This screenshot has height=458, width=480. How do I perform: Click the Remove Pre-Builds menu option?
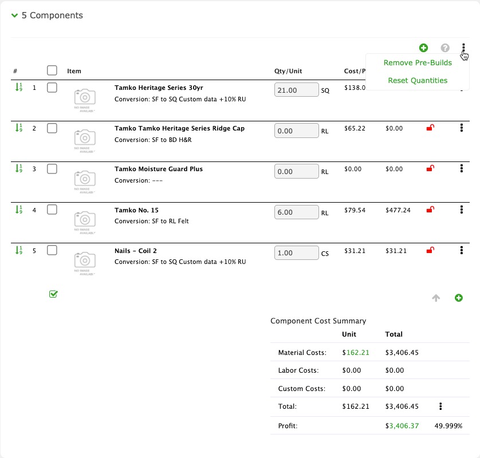(418, 63)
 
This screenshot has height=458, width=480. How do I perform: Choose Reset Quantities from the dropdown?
(418, 81)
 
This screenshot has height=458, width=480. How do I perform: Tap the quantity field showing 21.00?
(297, 90)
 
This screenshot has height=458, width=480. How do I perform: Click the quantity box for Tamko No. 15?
(297, 212)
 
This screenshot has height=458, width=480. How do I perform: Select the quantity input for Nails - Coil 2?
(297, 253)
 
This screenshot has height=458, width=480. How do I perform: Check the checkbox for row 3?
(52, 169)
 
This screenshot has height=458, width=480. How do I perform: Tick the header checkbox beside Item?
(52, 70)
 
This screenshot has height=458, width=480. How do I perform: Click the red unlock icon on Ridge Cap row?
(430, 128)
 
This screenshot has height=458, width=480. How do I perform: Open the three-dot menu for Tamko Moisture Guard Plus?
(462, 169)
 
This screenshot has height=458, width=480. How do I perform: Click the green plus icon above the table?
(423, 48)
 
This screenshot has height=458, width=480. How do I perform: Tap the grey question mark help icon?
(445, 48)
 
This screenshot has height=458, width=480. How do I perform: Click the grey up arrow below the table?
(436, 298)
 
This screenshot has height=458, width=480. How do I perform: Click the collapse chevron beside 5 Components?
(14, 16)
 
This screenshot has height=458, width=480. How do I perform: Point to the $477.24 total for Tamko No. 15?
(398, 210)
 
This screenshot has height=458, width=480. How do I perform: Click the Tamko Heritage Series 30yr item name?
(159, 88)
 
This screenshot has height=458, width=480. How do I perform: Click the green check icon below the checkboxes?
(53, 294)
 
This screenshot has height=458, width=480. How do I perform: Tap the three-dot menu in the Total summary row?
(440, 406)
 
